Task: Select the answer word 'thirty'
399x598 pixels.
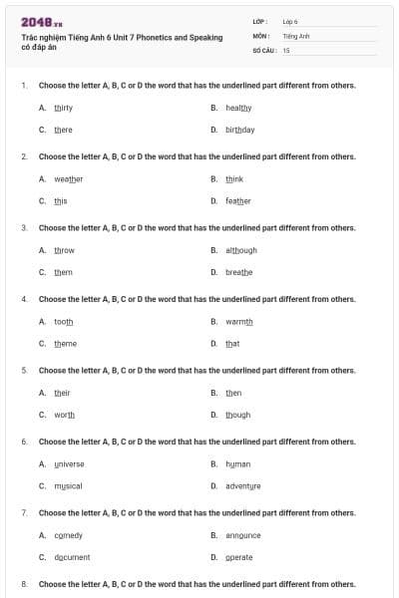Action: click(x=63, y=107)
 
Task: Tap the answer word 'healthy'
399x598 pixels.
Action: click(x=238, y=107)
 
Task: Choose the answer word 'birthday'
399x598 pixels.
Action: click(x=239, y=130)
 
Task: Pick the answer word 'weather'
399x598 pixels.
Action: click(x=68, y=178)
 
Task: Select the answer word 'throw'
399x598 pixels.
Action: click(x=64, y=250)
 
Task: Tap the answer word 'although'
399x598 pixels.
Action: click(x=241, y=250)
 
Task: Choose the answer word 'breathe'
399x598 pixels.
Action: click(x=239, y=272)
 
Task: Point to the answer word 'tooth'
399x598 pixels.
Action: click(x=63, y=321)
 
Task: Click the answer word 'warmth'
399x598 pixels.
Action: click(x=239, y=321)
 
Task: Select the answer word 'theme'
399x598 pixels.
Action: click(x=65, y=344)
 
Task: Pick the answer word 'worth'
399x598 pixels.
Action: click(x=64, y=415)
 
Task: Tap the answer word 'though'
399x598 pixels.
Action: click(x=237, y=415)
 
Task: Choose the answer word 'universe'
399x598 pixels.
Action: click(x=69, y=463)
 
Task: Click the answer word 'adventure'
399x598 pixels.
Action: click(x=242, y=486)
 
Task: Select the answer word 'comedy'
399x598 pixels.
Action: click(x=68, y=535)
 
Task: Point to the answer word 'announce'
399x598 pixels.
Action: click(x=242, y=535)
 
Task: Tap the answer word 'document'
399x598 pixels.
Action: click(x=72, y=557)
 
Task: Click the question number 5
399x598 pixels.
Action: click(x=24, y=370)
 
